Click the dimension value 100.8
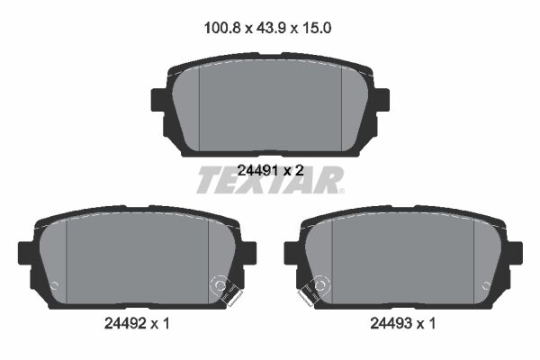tap(222, 28)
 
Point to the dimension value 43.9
tap(271, 28)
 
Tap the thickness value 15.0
tap(317, 28)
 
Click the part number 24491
tap(257, 170)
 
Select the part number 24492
tap(124, 323)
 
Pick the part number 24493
tap(391, 323)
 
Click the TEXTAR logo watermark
tap(270, 179)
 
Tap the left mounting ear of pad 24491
tap(159, 100)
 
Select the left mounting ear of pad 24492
tap(26, 253)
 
